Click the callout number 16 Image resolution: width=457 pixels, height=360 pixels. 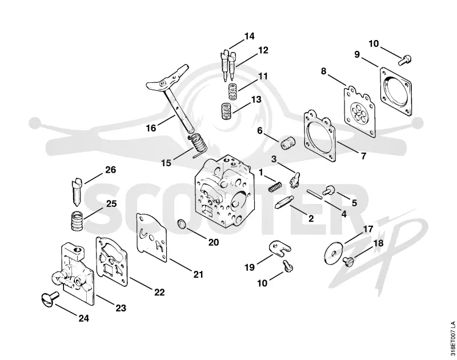coord(151,127)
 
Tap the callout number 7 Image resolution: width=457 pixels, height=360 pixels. coord(363,156)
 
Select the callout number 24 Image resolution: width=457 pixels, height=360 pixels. coord(83,318)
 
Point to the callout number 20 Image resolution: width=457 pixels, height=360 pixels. coord(213,242)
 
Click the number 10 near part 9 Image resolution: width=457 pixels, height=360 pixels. coord(374,44)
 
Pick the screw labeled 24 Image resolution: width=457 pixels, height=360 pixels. coord(49,299)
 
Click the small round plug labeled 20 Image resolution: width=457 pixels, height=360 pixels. coord(182,225)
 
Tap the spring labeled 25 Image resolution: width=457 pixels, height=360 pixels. coord(78,221)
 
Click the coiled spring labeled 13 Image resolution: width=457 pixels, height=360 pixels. coord(226,110)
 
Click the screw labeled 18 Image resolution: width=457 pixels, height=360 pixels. coord(348,261)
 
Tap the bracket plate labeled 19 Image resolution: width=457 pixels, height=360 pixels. coord(279,248)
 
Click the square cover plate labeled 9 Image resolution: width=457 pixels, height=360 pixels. coord(396,91)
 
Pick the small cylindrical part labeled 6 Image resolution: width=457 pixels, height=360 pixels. coord(288,143)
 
